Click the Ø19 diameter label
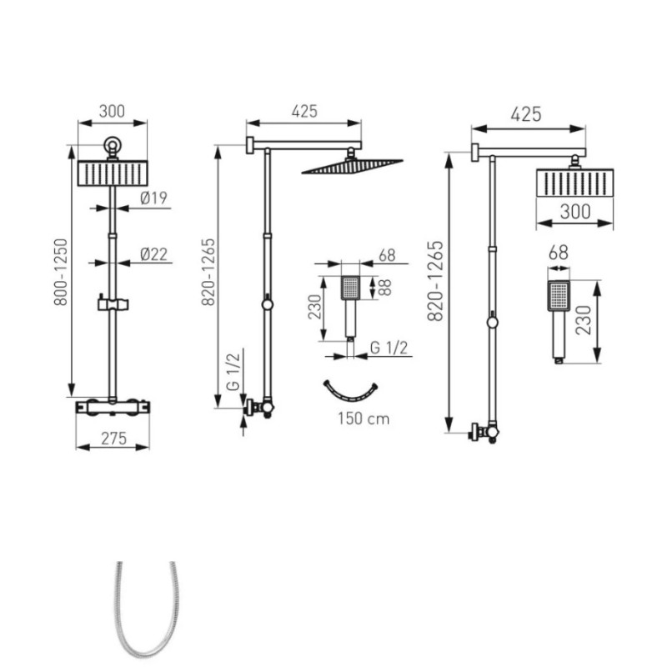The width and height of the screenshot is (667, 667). pyautogui.click(x=153, y=198)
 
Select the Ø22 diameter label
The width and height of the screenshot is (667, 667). pyautogui.click(x=154, y=254)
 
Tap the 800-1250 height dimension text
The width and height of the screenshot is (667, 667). pyautogui.click(x=61, y=273)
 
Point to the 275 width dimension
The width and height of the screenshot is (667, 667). pyautogui.click(x=113, y=439)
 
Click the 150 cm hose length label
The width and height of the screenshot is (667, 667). pyautogui.click(x=364, y=419)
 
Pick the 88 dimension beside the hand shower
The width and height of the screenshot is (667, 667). pyautogui.click(x=384, y=288)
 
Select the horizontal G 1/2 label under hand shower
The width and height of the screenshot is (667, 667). pyautogui.click(x=389, y=348)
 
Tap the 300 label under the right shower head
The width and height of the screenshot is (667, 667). pyautogui.click(x=575, y=212)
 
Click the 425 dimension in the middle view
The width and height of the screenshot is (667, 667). pyautogui.click(x=304, y=112)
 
